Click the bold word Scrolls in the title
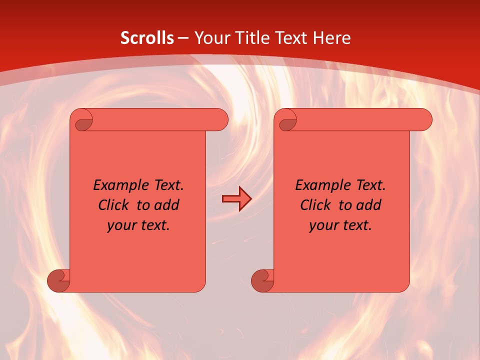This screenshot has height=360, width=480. [x=147, y=37]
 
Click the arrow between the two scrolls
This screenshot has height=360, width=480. [x=236, y=199]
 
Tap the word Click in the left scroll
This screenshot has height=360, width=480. [x=113, y=205]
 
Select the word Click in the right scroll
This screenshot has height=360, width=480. [x=315, y=205]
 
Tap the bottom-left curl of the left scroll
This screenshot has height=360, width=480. [x=58, y=280]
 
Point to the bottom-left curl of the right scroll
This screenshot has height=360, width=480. [x=262, y=280]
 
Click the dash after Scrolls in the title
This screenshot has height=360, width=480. [x=182, y=37]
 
